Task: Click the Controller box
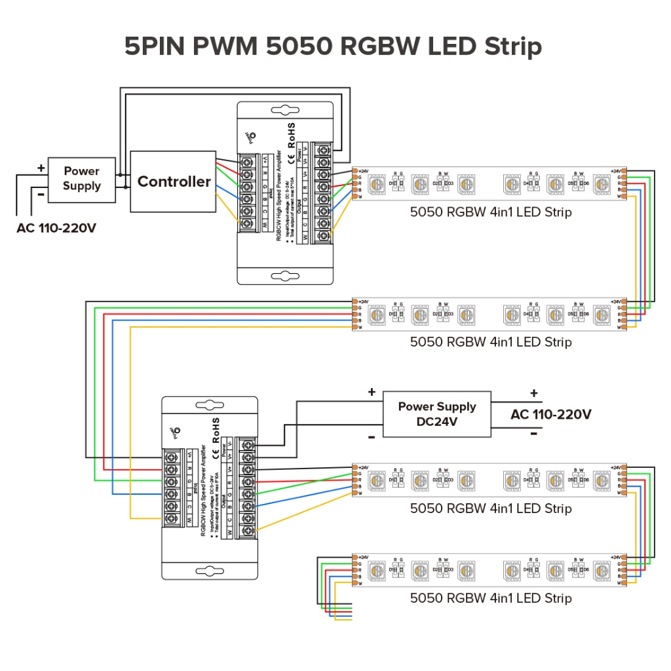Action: coord(173,182)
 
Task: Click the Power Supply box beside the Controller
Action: coord(82,178)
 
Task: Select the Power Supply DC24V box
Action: coord(437,414)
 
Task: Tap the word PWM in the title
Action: coord(226,47)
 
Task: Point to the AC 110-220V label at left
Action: coord(56,229)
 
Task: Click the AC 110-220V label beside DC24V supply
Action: coord(550,414)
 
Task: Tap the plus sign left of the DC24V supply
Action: coord(372,393)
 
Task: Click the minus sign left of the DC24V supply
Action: coord(371,436)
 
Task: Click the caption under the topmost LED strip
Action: coord(491,212)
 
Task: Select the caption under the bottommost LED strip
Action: coord(491,598)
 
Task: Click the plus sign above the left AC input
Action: coord(41,168)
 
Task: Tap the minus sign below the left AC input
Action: coord(41,195)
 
